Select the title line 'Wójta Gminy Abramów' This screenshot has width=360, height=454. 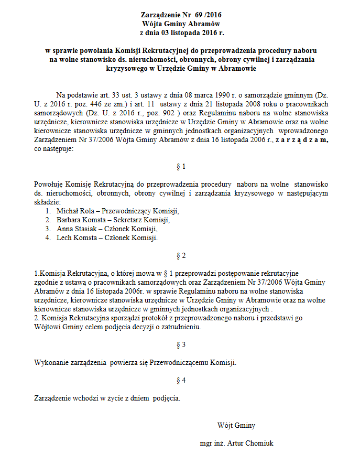[x=180, y=24]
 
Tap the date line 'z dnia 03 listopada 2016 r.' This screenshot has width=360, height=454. [x=180, y=33]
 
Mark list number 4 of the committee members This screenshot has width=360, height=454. [x=47, y=237]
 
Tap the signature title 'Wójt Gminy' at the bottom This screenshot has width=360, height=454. [x=236, y=425]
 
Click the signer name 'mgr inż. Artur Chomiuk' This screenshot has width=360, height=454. [x=237, y=442]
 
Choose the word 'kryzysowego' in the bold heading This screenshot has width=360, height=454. [x=130, y=68]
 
